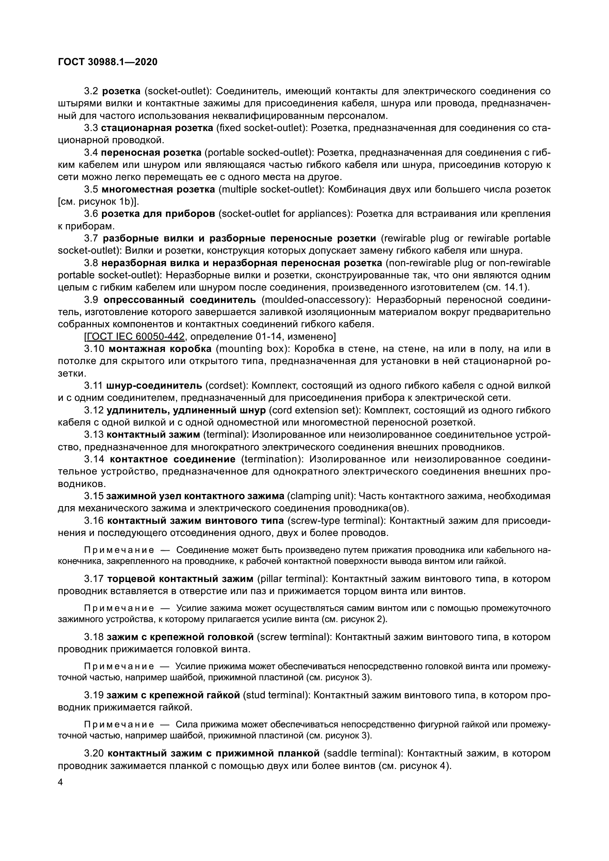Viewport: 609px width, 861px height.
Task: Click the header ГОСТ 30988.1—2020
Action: coord(108,62)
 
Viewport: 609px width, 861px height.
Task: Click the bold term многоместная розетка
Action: coord(158,189)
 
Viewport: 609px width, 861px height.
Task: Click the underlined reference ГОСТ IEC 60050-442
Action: coord(134,337)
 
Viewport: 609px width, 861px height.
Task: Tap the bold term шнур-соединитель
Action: coord(154,386)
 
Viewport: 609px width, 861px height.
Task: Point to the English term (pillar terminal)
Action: coord(293,579)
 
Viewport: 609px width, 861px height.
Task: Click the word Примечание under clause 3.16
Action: coord(119,550)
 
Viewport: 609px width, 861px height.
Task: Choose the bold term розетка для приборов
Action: coord(159,214)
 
